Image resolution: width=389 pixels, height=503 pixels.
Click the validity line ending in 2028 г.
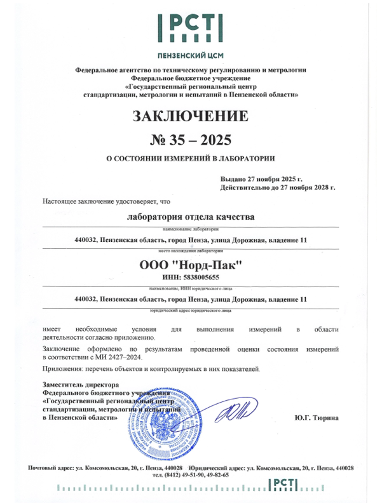[278, 188]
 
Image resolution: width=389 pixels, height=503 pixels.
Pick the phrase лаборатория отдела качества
[191, 217]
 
